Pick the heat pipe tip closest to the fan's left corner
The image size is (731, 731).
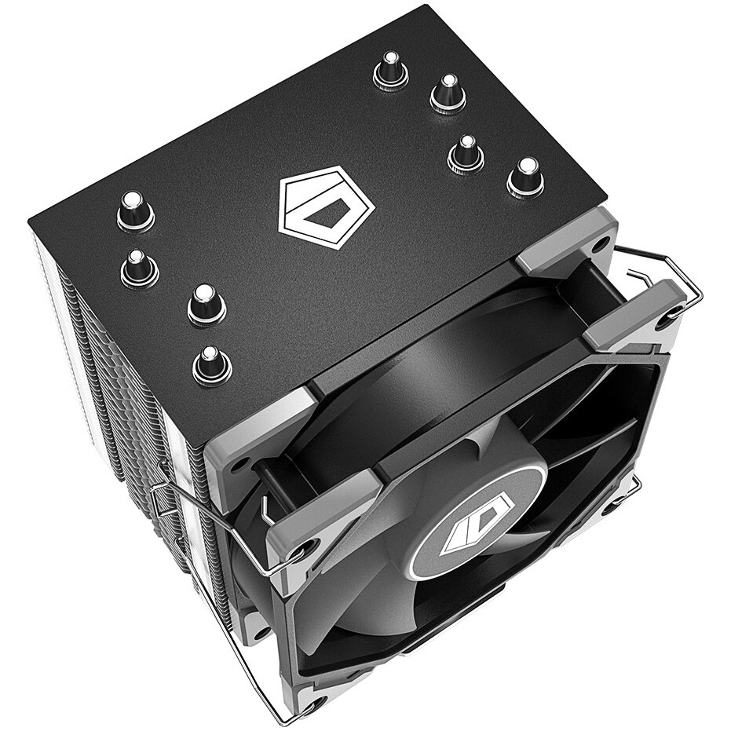pos(211,363)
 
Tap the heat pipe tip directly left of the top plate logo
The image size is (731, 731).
pos(207,303)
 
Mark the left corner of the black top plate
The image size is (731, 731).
pos(31,221)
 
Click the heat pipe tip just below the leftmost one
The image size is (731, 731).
pos(139,267)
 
